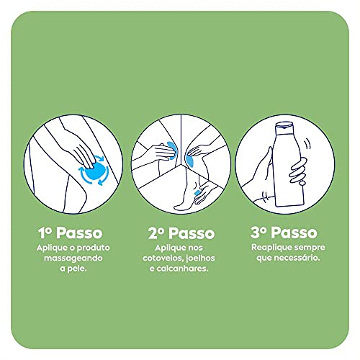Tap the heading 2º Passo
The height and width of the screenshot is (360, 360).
click(179, 233)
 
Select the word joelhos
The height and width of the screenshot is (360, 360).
click(200, 257)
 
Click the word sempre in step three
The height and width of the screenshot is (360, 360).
click(302, 247)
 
